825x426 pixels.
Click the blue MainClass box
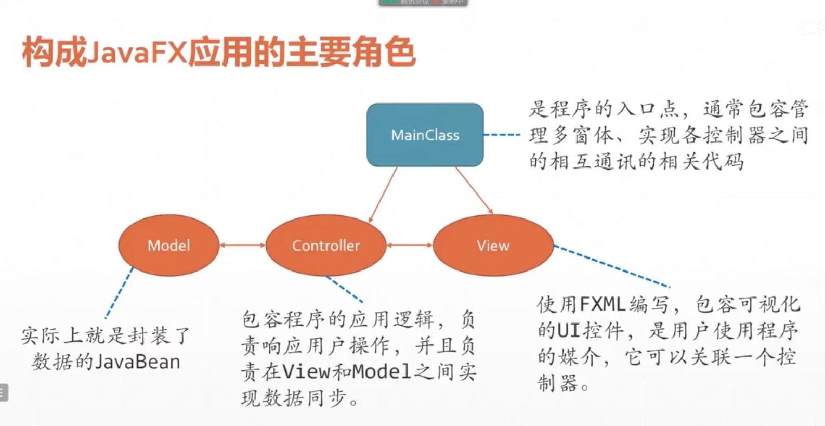(x=425, y=135)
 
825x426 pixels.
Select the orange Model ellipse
(x=168, y=246)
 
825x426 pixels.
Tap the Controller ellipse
(x=325, y=246)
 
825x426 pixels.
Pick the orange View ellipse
(x=493, y=246)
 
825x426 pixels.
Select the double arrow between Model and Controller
(x=242, y=246)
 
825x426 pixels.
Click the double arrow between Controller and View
(x=409, y=246)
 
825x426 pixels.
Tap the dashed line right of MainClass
(x=502, y=135)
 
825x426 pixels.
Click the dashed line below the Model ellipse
(x=119, y=293)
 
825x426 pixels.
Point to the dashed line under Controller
(x=344, y=289)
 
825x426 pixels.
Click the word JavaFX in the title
(x=136, y=53)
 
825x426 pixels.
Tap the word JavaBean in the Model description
(x=136, y=362)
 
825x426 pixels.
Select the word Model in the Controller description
(x=381, y=371)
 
